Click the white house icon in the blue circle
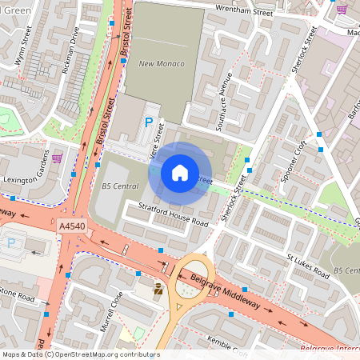[x=180, y=172]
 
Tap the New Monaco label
[x=162, y=64]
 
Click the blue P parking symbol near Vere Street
[x=147, y=122]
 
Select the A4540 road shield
[x=71, y=227]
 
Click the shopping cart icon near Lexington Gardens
[x=57, y=158]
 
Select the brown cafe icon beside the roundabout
[x=158, y=289]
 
